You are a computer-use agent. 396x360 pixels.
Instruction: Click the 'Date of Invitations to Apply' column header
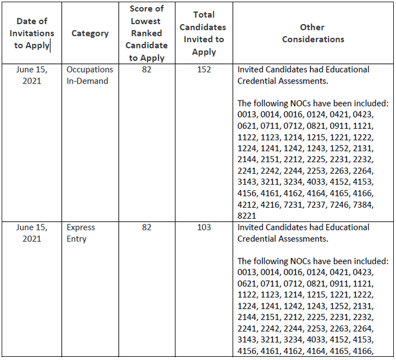(32, 34)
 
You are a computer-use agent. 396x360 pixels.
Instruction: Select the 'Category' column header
(90, 34)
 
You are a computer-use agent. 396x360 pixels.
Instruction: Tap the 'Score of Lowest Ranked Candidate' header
(147, 34)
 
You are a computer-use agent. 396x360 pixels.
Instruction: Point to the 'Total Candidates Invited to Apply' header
(204, 34)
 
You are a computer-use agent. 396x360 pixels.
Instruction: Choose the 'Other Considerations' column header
(313, 34)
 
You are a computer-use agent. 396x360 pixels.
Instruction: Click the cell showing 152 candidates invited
(204, 69)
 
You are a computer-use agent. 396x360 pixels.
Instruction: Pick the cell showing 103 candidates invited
(204, 227)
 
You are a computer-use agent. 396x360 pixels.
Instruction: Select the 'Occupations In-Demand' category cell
(90, 75)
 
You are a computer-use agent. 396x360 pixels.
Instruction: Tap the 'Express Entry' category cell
(81, 233)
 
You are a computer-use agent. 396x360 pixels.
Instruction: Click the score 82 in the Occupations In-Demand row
(147, 69)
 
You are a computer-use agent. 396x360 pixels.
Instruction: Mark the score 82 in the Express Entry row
(147, 227)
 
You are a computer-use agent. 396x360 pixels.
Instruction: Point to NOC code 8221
(247, 216)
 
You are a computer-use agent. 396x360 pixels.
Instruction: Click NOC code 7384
(362, 204)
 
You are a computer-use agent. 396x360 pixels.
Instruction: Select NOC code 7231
(293, 204)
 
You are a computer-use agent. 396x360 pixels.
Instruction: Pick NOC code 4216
(270, 204)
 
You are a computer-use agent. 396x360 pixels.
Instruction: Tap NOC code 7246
(339, 204)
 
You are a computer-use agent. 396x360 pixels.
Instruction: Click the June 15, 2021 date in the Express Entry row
(32, 233)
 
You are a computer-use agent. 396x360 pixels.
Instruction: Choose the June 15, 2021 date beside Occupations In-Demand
(32, 75)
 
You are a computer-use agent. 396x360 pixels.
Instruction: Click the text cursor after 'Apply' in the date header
(50, 46)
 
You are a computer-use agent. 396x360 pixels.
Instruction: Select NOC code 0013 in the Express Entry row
(247, 272)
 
